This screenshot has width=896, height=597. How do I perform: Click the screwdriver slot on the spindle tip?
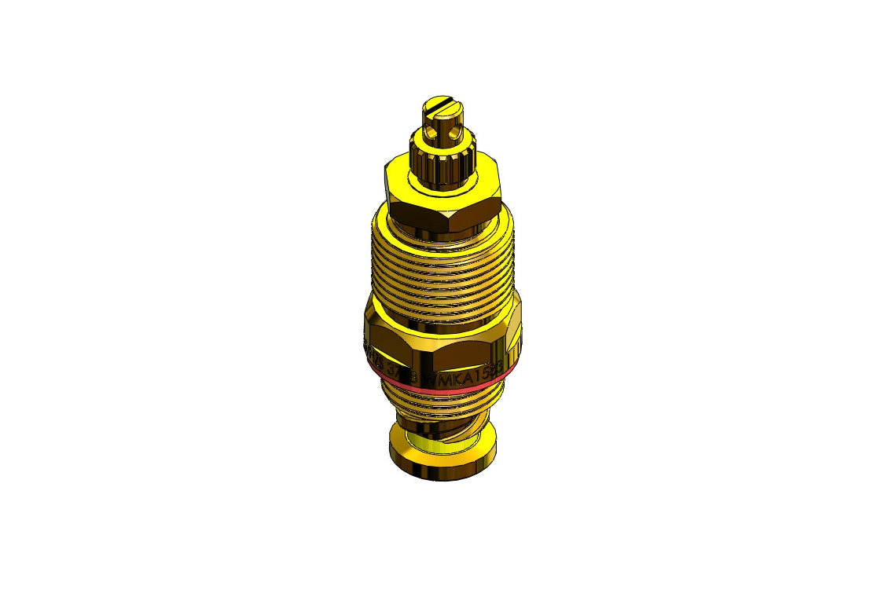[x=440, y=103]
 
